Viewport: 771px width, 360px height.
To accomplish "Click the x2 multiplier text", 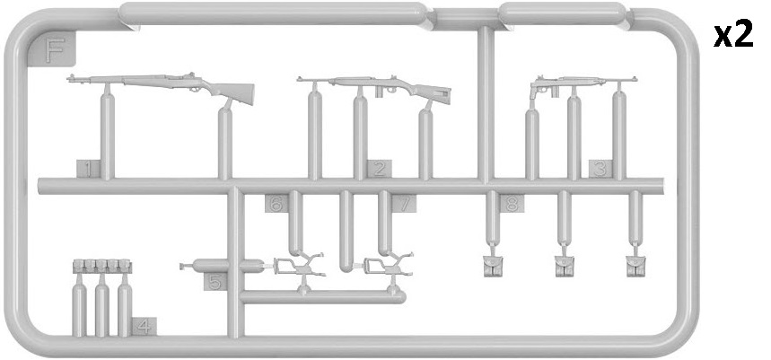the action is click(x=733, y=35).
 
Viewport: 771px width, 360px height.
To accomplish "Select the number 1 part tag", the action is click(x=88, y=169).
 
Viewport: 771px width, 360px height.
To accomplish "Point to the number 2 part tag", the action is click(x=379, y=169).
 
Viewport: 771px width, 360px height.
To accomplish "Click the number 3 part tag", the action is click(x=600, y=169).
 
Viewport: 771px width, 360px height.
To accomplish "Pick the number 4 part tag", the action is click(x=145, y=327).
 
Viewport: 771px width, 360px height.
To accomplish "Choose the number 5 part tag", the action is click(x=215, y=281).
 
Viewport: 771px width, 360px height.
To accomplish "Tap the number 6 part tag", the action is click(x=276, y=203).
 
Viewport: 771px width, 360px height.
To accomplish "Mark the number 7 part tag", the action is click(x=404, y=203).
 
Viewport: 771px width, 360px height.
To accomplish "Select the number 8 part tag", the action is click(x=512, y=203).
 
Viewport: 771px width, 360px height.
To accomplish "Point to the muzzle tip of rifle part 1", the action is click(x=69, y=78).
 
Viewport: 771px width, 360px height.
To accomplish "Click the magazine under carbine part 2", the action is click(x=380, y=92).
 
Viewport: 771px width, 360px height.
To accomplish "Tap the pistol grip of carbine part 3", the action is click(x=533, y=92).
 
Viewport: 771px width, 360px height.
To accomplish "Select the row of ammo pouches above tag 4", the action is click(x=102, y=266).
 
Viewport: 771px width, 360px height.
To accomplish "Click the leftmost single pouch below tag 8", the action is click(x=493, y=267).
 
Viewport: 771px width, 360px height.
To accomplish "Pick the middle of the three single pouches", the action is click(x=565, y=267).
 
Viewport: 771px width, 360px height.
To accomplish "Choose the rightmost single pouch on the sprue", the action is click(x=635, y=267).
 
